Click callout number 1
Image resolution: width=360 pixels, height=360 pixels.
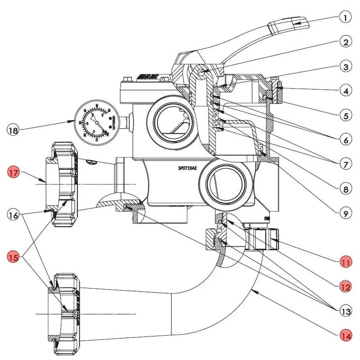coord(345,18)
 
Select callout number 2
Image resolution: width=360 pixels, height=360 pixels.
coord(345,43)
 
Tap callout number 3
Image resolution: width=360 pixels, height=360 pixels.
coord(345,67)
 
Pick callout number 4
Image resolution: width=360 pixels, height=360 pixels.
coord(345,92)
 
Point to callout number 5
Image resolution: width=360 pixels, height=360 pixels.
coord(345,116)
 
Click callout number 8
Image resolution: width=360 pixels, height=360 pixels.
coord(345,189)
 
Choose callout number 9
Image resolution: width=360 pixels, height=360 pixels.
coord(345,214)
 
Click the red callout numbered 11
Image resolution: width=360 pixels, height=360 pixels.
coord(345,262)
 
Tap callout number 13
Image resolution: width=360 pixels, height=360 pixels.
coord(345,310)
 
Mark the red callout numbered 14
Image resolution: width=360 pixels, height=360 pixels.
coord(345,335)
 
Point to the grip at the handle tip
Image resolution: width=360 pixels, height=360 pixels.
coord(288,25)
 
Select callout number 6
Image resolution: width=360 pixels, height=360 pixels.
coord(345,140)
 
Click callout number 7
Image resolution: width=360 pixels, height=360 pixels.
coord(345,165)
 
